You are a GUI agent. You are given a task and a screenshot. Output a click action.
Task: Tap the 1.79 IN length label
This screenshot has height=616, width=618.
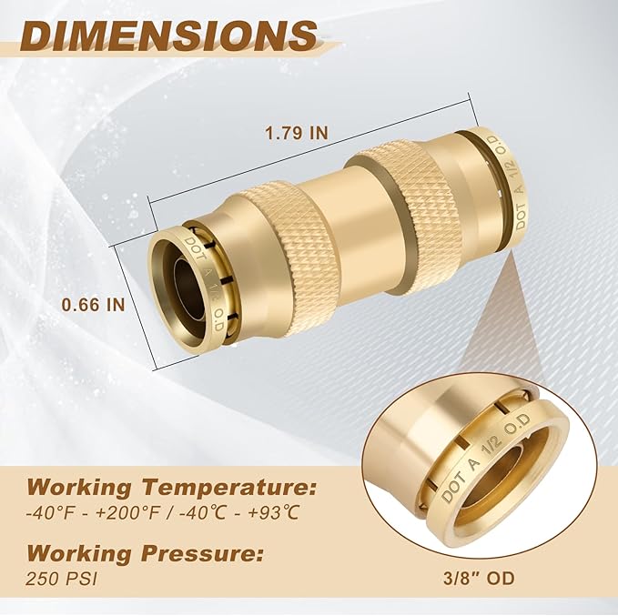[x=296, y=131]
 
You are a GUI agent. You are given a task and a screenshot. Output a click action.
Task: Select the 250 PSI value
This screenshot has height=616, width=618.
[x=51, y=578]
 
